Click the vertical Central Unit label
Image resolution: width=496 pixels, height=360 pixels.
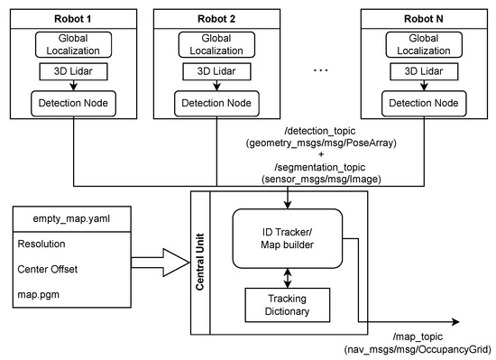[x=200, y=260]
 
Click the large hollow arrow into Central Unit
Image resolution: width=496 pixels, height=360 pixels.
[x=160, y=262]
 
